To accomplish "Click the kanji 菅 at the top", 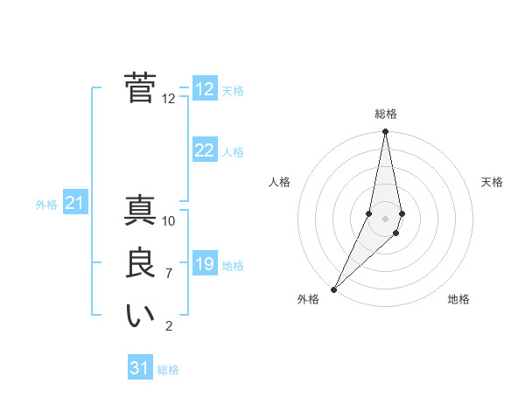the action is pos(140,88).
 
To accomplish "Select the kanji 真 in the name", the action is pos(140,211).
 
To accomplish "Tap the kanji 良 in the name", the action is pos(140,263).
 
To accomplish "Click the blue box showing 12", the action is pos(204,89).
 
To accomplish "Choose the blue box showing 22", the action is pos(204,150).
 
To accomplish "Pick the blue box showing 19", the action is pos(204,264).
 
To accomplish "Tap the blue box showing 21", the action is pos(74,204).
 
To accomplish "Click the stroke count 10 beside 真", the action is pos(169,221).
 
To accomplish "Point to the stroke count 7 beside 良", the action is pos(169,274).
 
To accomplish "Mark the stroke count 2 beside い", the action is pos(169,326).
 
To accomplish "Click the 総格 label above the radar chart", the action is pos(386,114).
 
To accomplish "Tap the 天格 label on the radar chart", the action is pos(492,182).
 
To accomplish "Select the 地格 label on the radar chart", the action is pos(458,299).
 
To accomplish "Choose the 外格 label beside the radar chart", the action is pos(308,299).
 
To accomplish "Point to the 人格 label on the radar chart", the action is pos(279,182).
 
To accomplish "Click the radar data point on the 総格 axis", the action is pos(386,132).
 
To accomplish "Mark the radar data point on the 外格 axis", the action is pos(334,289).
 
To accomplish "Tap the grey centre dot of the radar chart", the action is pos(386,218).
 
